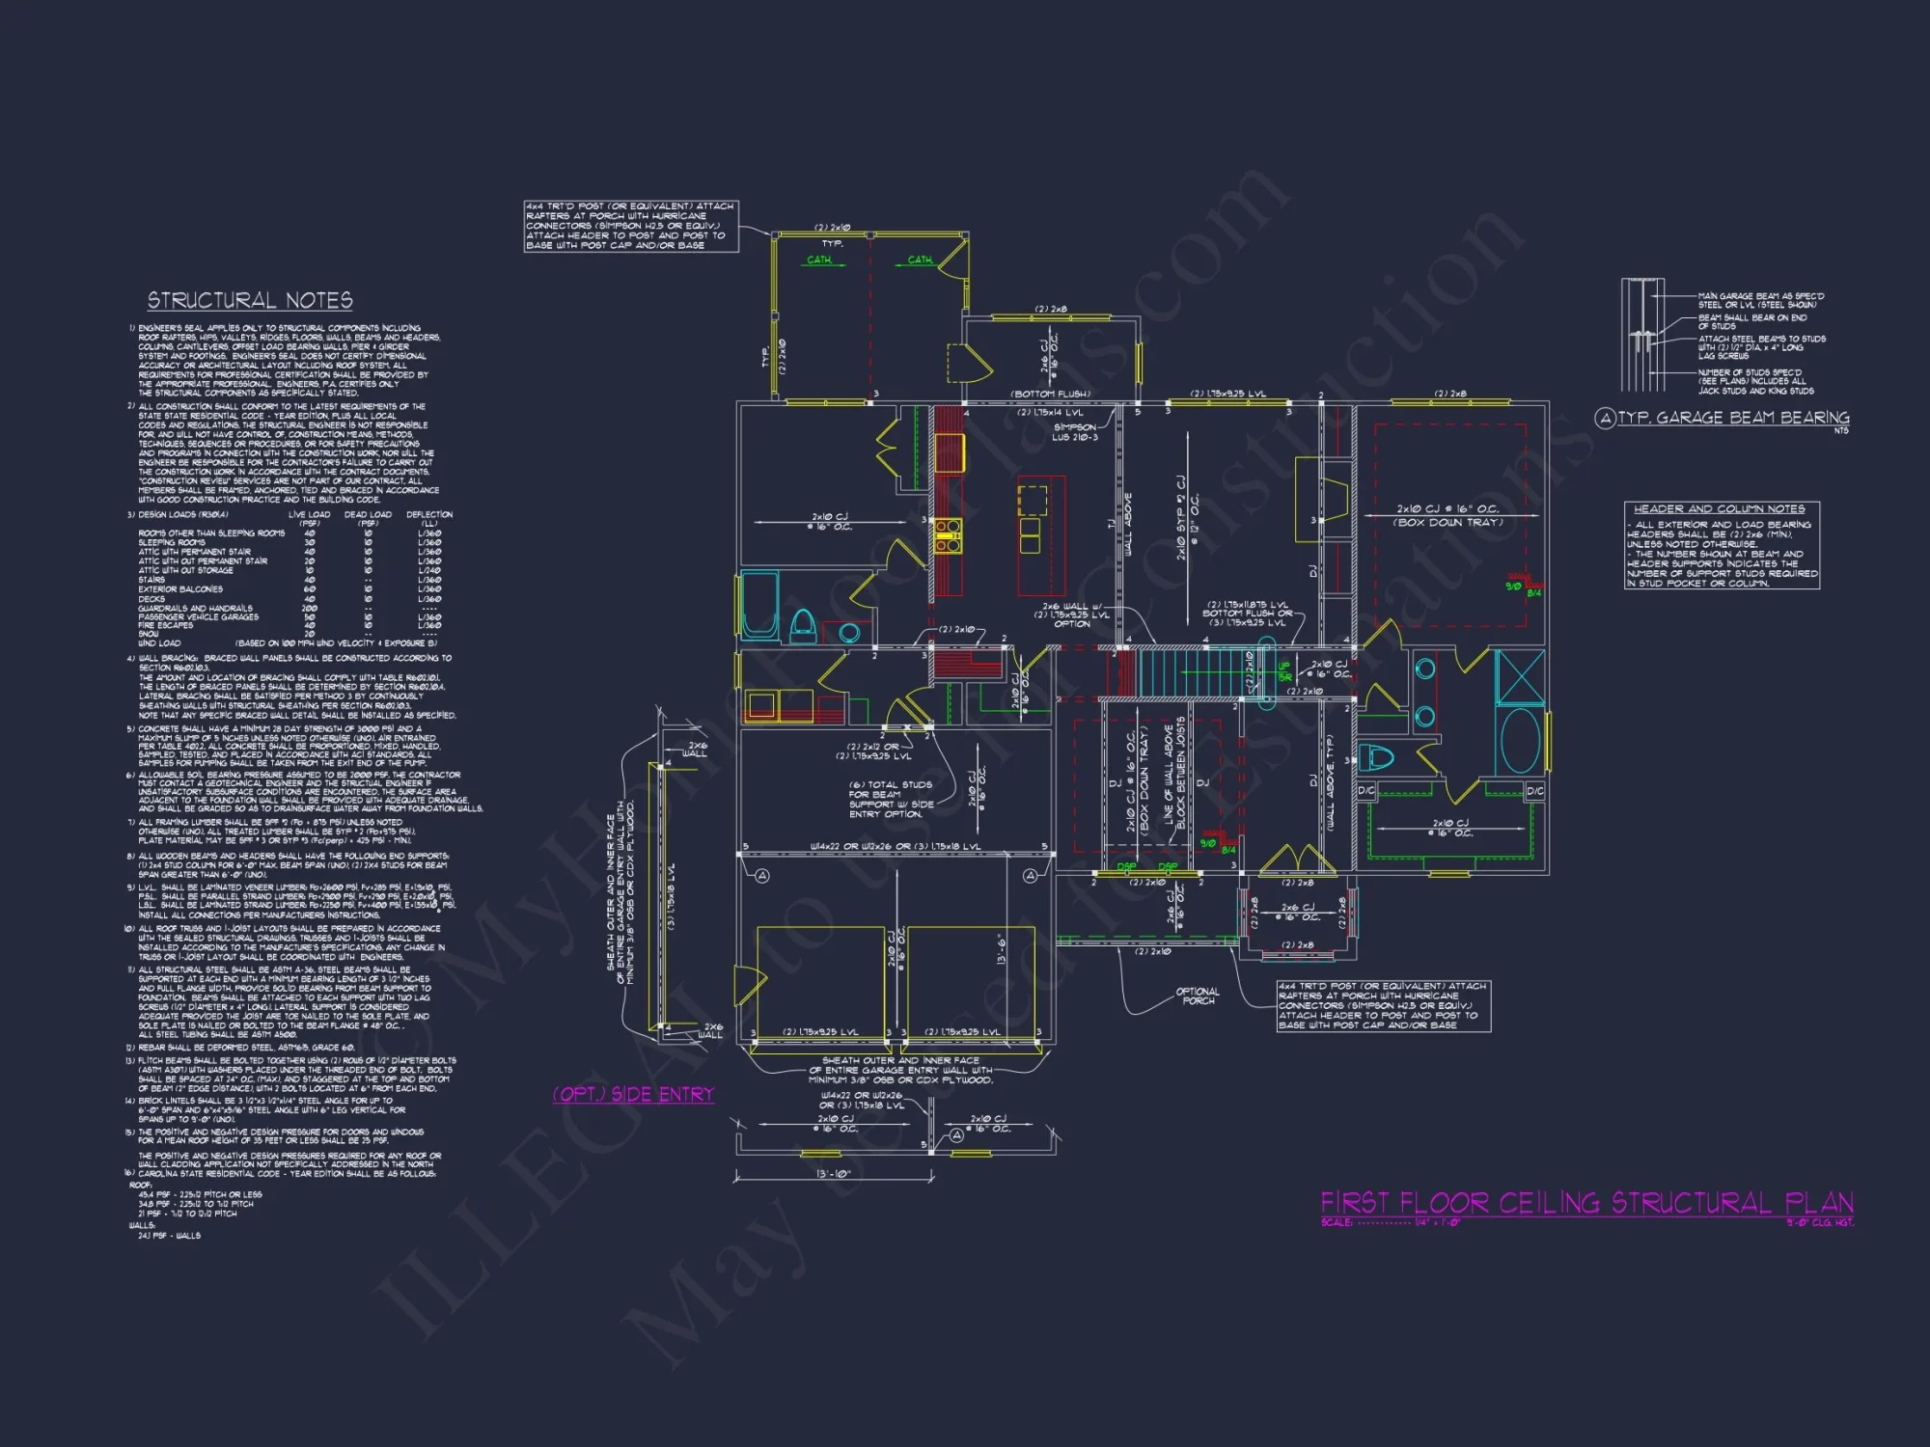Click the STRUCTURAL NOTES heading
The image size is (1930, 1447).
pyautogui.click(x=250, y=301)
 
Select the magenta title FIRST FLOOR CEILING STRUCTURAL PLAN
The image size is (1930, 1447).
pyautogui.click(x=1586, y=1203)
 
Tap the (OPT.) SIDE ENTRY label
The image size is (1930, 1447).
pyautogui.click(x=633, y=1094)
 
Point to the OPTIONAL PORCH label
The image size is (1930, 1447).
pyautogui.click(x=1198, y=996)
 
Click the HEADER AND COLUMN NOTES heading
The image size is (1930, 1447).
pyautogui.click(x=1719, y=508)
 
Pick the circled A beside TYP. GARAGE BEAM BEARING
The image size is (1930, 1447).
pyautogui.click(x=1605, y=418)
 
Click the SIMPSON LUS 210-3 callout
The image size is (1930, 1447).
pyautogui.click(x=1074, y=431)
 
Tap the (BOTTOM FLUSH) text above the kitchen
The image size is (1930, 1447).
pyautogui.click(x=1050, y=394)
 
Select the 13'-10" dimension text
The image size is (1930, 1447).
pyautogui.click(x=833, y=1174)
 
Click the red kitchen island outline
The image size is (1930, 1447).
pyautogui.click(x=1041, y=535)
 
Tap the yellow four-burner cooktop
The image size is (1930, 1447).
pyautogui.click(x=948, y=535)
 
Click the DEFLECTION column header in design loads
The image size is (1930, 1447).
pyautogui.click(x=429, y=515)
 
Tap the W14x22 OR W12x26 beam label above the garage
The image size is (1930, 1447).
pyautogui.click(x=895, y=847)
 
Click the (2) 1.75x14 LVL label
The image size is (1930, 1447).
pyautogui.click(x=1050, y=412)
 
